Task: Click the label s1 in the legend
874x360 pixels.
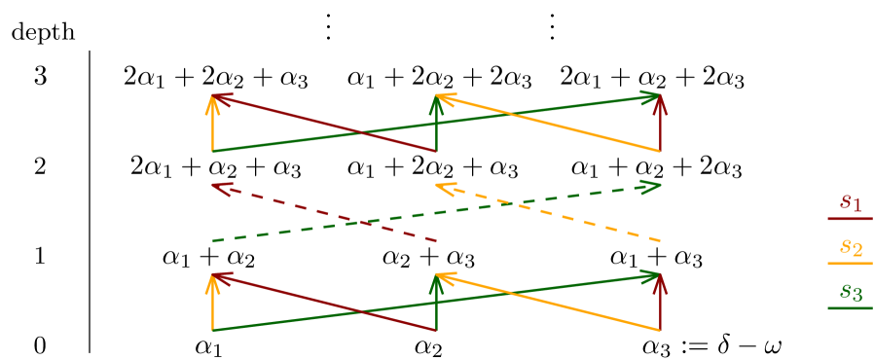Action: (x=851, y=202)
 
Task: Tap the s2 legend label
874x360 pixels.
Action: (x=851, y=247)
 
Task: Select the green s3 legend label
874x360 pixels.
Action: (x=851, y=292)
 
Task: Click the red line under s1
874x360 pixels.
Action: (x=850, y=219)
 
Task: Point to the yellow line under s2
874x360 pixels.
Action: (x=850, y=264)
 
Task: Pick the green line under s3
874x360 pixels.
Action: (x=850, y=308)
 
